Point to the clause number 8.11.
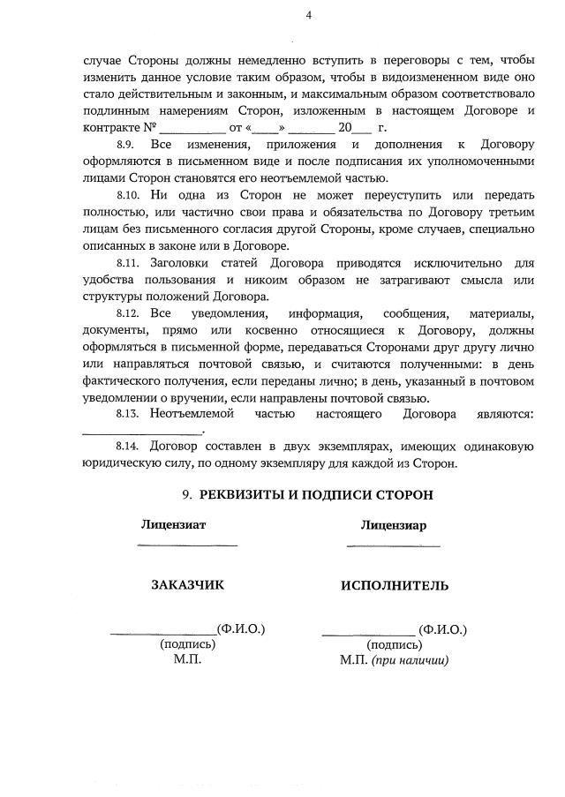129,263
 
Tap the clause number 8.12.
129,313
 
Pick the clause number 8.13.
129,413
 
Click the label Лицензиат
174,524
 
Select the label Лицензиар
393,525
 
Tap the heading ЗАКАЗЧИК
188,584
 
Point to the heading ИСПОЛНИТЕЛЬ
394,584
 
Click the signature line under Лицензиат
187,545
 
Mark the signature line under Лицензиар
394,545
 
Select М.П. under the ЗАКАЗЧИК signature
188,659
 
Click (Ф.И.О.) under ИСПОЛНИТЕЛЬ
443,629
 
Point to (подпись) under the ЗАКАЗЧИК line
188,644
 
